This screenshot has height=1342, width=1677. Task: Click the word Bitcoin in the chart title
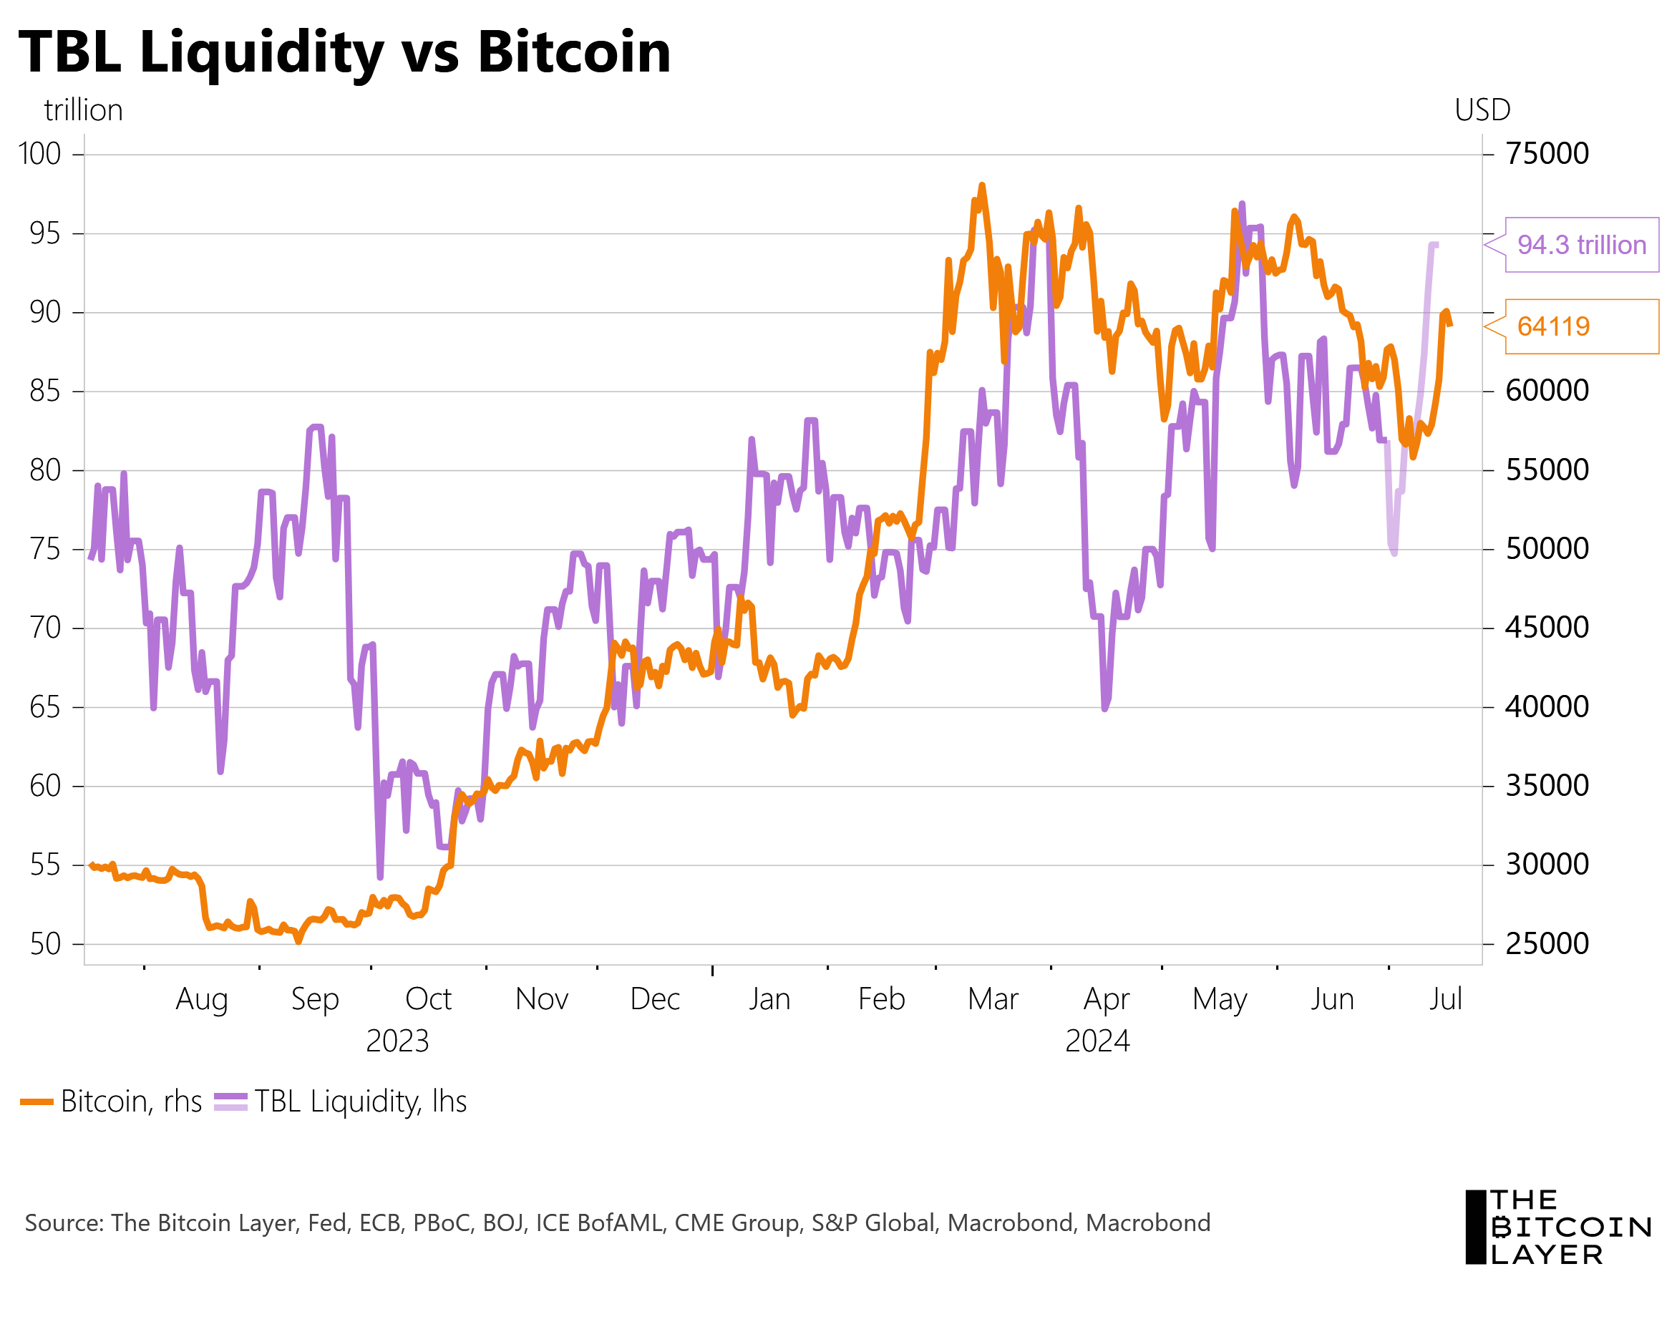pyautogui.click(x=573, y=52)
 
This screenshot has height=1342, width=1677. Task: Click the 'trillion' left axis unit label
pyautogui.click(x=83, y=110)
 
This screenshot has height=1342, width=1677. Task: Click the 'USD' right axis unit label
pyautogui.click(x=1482, y=110)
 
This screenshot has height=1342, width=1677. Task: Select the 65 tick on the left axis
pyautogui.click(x=45, y=707)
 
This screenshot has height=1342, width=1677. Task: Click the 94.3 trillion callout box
pyautogui.click(x=1581, y=245)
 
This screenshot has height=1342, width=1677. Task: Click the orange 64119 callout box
pyautogui.click(x=1581, y=327)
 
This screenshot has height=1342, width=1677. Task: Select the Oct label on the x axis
pyautogui.click(x=429, y=999)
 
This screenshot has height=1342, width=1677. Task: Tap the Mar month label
pyautogui.click(x=993, y=999)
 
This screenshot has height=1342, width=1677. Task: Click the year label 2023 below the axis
pyautogui.click(x=397, y=1041)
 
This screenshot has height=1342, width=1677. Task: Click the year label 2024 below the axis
pyautogui.click(x=1097, y=1041)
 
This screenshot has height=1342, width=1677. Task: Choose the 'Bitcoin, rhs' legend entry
pyautogui.click(x=113, y=1102)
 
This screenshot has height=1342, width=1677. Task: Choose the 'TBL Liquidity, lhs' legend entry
pyautogui.click(x=342, y=1102)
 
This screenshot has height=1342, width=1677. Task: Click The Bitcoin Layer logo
pyautogui.click(x=1558, y=1227)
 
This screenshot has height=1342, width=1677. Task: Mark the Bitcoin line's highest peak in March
pyautogui.click(x=981, y=186)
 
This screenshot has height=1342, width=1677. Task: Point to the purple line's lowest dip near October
pyautogui.click(x=380, y=877)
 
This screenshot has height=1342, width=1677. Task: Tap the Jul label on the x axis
pyautogui.click(x=1445, y=999)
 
